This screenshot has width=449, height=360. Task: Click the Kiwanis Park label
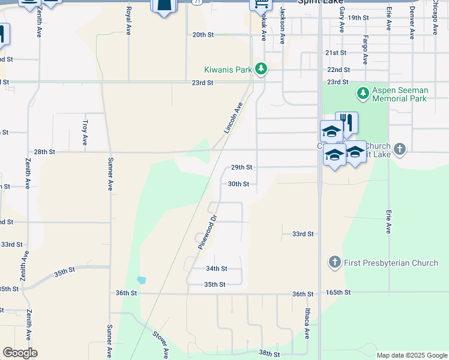(228, 70)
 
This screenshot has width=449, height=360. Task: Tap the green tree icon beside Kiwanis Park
(261, 70)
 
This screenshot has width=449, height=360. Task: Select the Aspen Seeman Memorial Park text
(400, 94)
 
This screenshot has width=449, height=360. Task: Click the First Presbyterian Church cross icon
(334, 262)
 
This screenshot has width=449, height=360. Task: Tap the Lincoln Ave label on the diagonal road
(234, 118)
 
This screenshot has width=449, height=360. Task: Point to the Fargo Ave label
(365, 50)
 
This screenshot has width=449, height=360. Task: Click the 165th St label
(338, 292)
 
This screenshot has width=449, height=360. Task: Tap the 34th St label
(216, 269)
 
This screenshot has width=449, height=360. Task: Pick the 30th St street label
(238, 184)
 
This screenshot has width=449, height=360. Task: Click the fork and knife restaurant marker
(346, 123)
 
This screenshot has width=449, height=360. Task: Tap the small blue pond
(141, 280)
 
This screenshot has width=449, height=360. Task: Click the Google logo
(20, 353)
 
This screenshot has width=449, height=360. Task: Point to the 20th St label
(203, 35)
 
